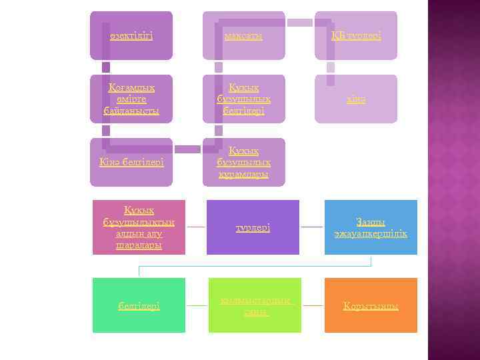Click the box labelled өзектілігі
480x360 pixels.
pos(131,35)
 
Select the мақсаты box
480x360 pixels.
pos(243,35)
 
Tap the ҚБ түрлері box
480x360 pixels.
pos(356,35)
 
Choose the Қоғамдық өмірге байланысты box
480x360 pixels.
pos(131,99)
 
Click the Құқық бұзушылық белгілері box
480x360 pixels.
pos(243,99)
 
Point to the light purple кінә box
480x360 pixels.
pos(356,99)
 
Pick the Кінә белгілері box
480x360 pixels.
pos(131,162)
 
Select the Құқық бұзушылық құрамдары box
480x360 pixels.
pos(243,162)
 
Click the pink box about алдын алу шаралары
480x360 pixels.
pos(139,227)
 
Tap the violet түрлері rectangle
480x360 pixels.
pos(253,227)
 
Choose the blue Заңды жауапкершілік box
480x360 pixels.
pos(371,227)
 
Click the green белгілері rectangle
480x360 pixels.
pos(139,305)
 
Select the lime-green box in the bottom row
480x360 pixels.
pos(254,305)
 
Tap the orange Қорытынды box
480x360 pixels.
pos(371,305)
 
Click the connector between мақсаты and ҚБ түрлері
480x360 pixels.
pos(299,22)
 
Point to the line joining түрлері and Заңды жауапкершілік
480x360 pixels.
pos(311,227)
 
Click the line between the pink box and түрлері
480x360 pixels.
pos(196,227)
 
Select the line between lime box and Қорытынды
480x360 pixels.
pos(312,305)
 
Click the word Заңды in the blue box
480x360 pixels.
pos(371,222)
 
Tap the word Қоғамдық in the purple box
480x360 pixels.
pos(131,87)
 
